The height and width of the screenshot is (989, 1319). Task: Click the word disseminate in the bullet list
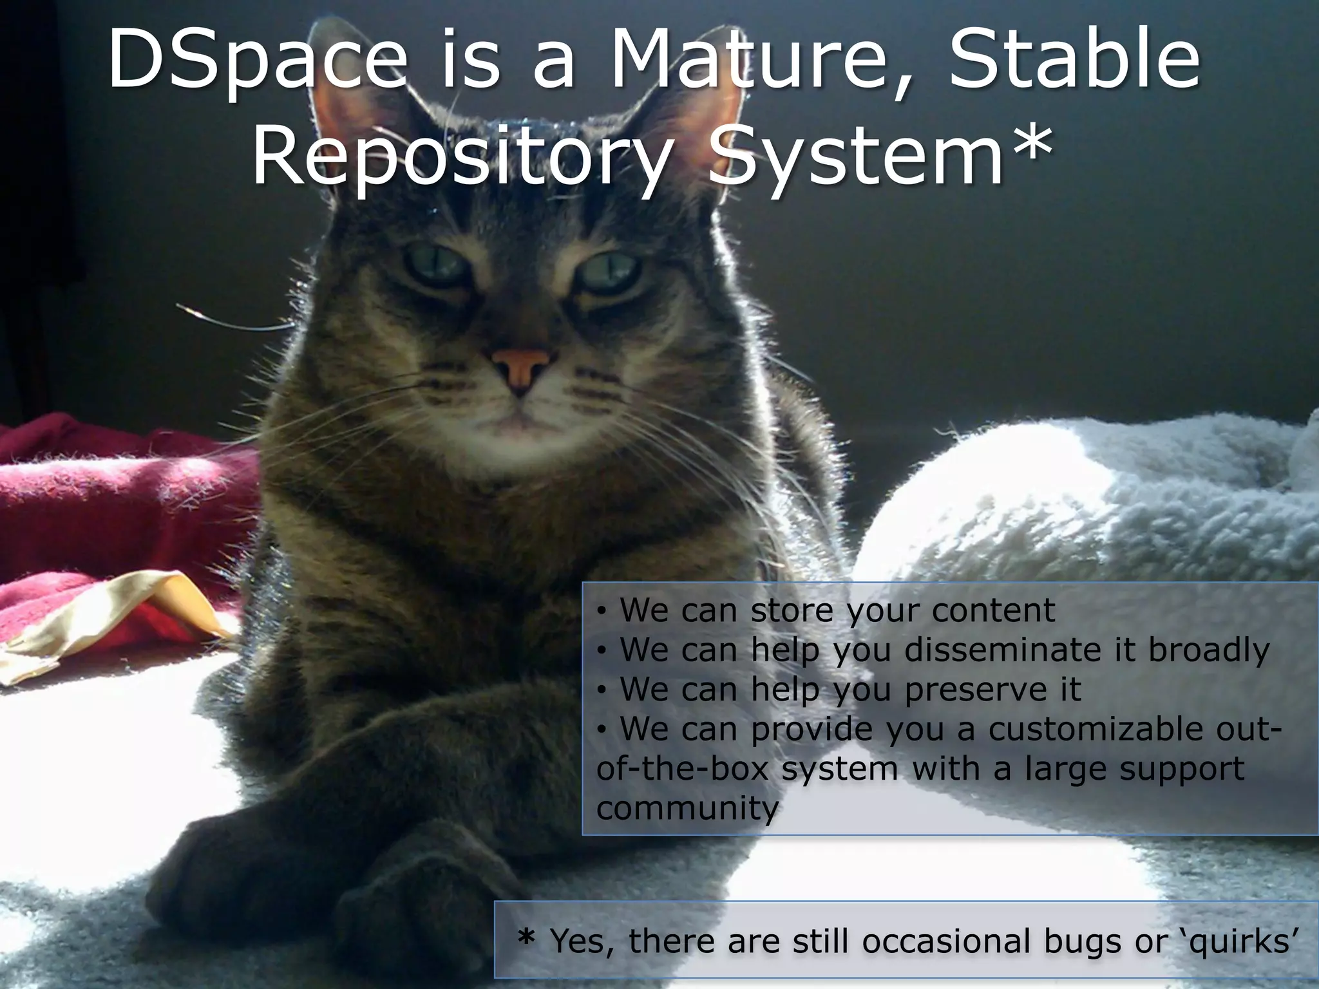click(1003, 650)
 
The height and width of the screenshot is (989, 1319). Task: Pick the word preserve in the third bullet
click(973, 690)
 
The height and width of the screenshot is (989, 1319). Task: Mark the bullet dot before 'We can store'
click(601, 610)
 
